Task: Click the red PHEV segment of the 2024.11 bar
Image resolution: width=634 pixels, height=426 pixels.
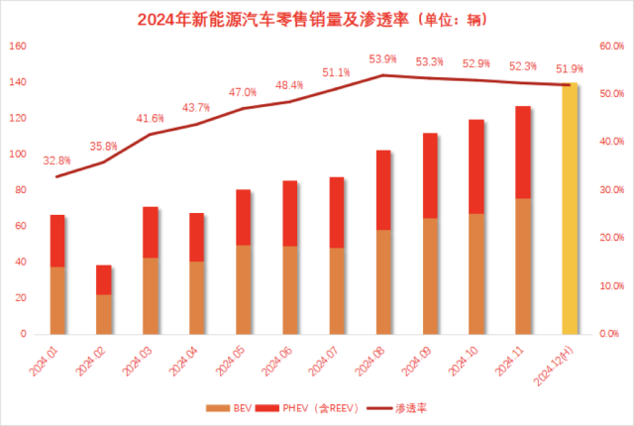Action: (523, 152)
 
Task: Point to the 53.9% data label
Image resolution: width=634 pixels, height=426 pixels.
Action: (383, 59)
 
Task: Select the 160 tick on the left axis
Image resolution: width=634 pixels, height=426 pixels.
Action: (19, 47)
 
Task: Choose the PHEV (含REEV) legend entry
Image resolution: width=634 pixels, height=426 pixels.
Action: (319, 407)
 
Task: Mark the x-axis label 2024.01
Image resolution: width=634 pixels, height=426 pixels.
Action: (46, 359)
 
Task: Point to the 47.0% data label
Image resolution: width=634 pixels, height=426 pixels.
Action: (244, 92)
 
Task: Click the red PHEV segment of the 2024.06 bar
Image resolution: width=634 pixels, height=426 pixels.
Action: (290, 213)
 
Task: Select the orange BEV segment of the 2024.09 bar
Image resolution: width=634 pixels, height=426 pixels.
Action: (430, 275)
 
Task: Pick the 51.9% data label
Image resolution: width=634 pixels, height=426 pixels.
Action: (570, 69)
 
